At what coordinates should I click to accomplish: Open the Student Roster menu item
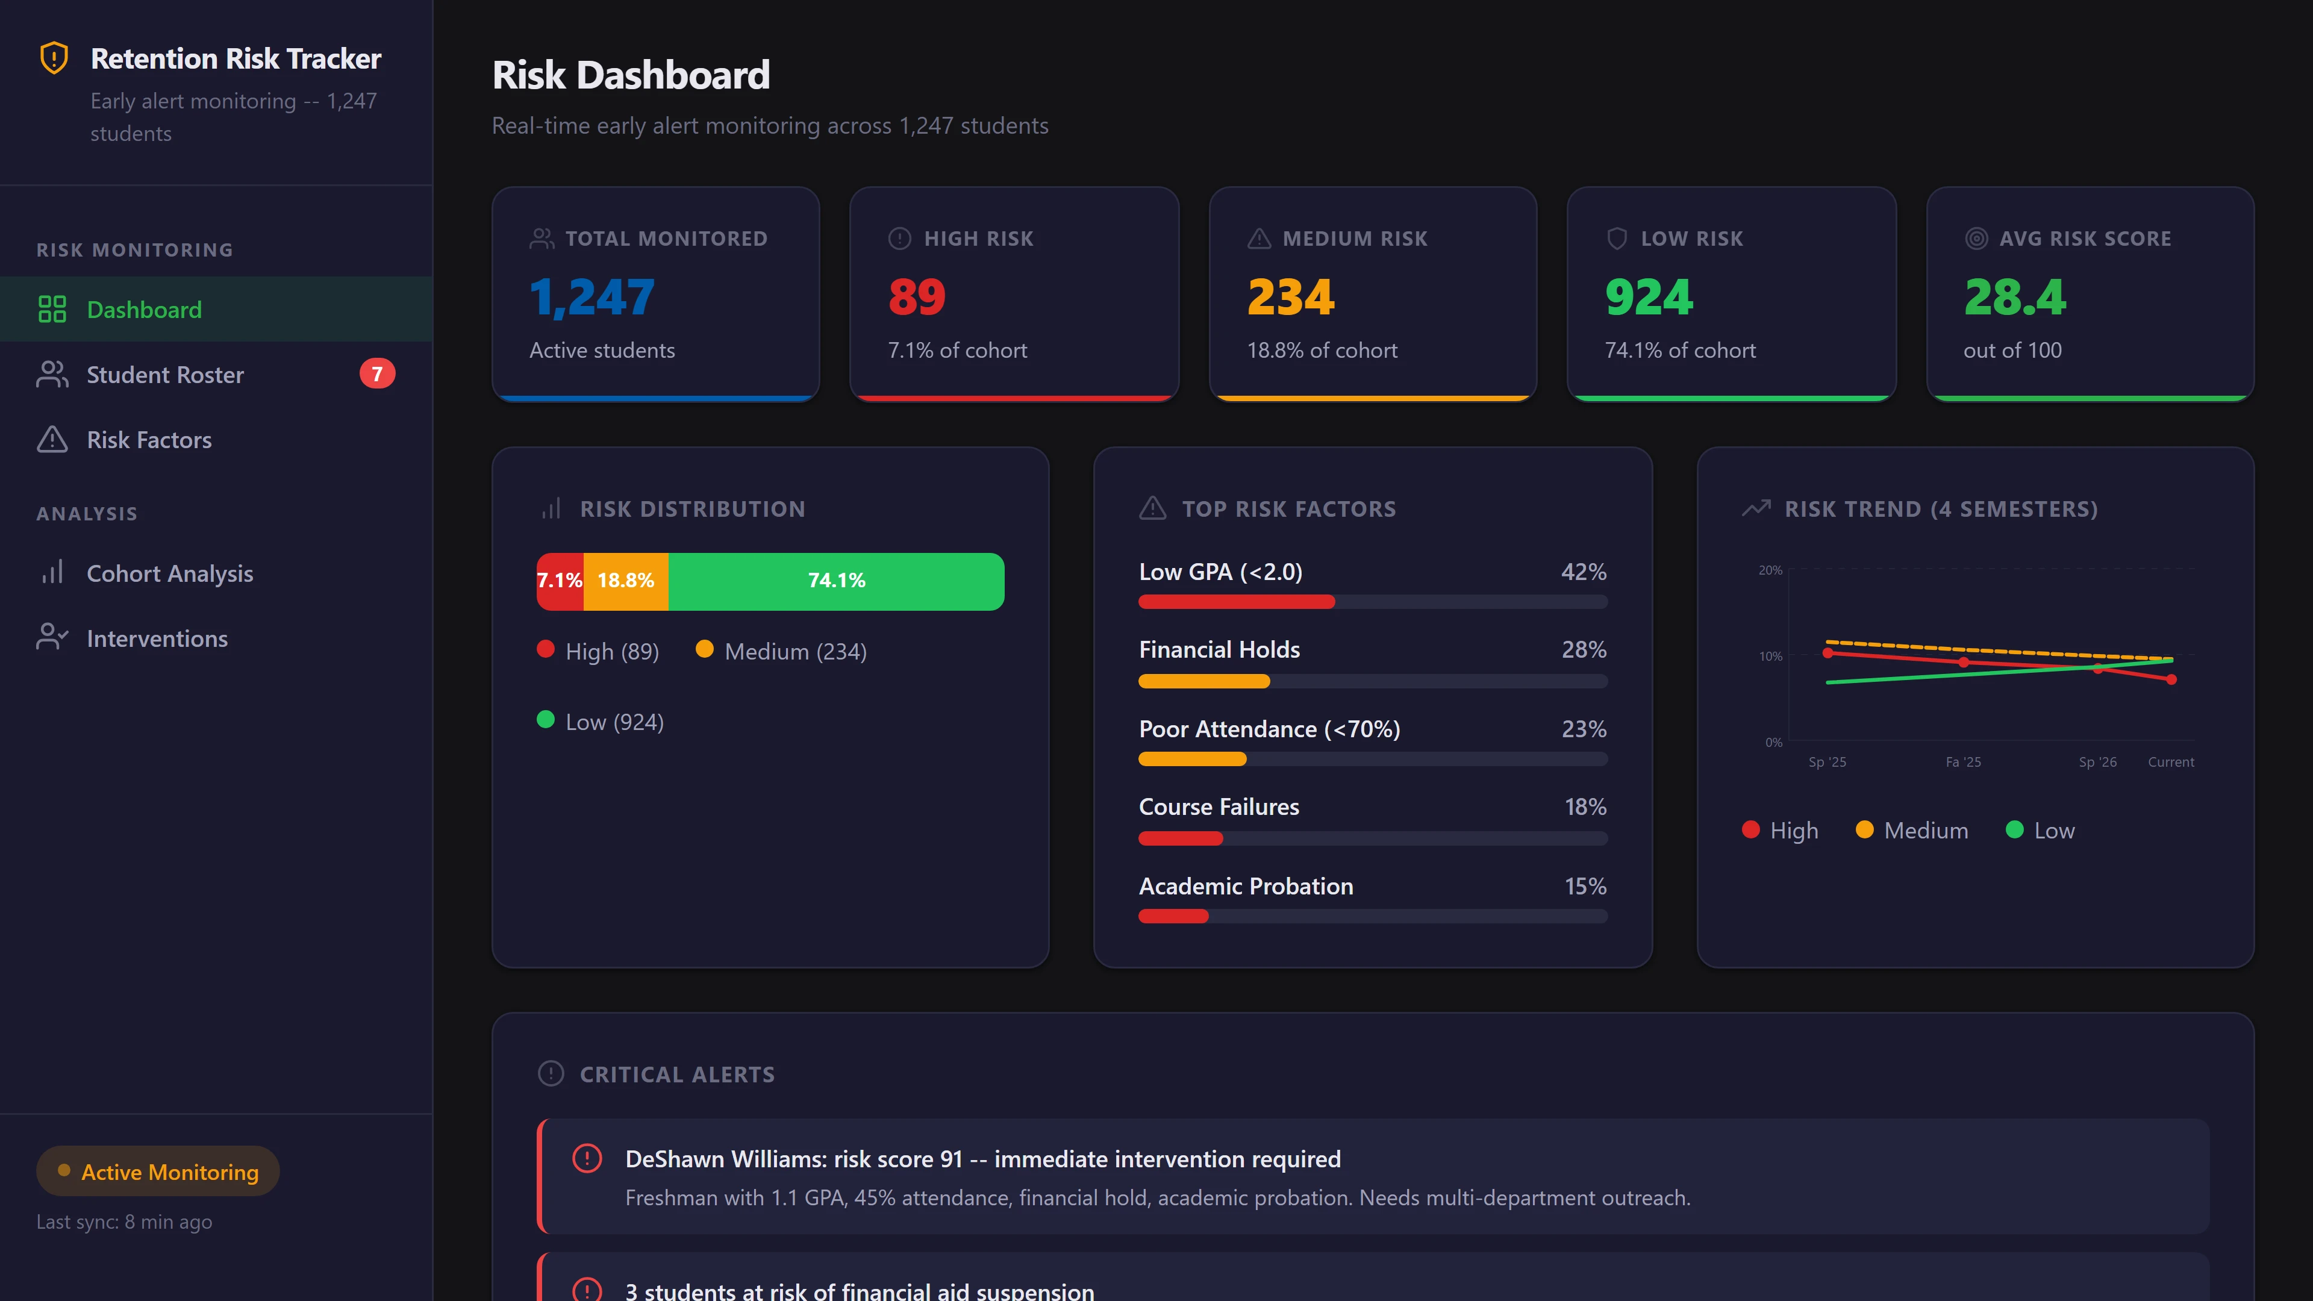(165, 375)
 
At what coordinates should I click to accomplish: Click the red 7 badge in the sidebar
(377, 373)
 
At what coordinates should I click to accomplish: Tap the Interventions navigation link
(157, 638)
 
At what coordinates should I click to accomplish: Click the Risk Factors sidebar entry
(149, 440)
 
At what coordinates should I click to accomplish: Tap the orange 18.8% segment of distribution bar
(626, 581)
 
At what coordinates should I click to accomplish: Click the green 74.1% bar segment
(836, 581)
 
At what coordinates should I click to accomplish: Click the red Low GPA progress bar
(1237, 602)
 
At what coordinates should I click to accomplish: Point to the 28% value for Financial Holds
(1584, 649)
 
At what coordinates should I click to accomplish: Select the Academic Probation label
(1246, 886)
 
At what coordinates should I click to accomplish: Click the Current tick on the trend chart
(2170, 763)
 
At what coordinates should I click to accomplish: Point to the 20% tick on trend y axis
(1770, 570)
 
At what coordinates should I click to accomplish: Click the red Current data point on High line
(2171, 679)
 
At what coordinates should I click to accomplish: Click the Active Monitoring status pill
(158, 1172)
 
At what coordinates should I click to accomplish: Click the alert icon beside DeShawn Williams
(587, 1159)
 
